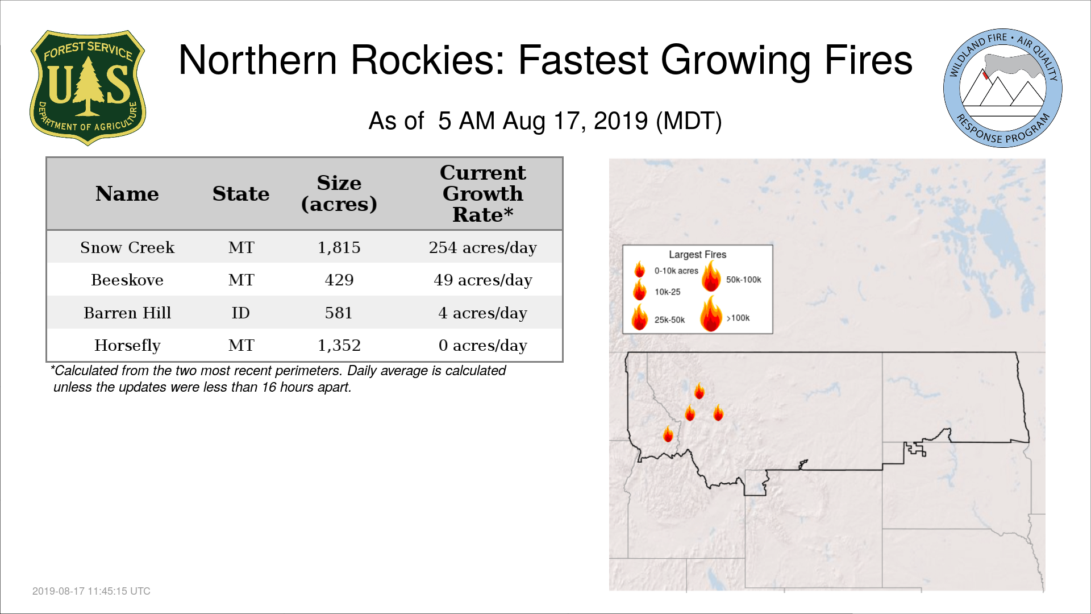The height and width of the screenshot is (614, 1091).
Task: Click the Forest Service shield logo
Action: (88, 88)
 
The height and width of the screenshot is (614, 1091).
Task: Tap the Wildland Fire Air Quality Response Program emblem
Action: (1003, 88)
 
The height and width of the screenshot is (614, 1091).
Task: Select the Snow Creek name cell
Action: (127, 247)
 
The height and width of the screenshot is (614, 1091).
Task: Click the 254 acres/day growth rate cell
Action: (482, 248)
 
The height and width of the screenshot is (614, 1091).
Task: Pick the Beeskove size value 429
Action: (339, 280)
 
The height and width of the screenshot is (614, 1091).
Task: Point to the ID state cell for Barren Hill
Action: (241, 313)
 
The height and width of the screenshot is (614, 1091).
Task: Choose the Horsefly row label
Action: (127, 346)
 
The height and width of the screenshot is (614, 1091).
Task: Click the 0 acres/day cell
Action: (482, 346)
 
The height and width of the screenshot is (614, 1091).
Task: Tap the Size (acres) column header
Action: (339, 193)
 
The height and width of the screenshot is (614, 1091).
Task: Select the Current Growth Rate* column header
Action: (482, 193)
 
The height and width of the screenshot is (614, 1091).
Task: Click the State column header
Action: (241, 194)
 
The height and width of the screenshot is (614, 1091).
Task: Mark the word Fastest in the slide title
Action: (583, 60)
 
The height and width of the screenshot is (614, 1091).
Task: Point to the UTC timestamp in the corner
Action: (91, 591)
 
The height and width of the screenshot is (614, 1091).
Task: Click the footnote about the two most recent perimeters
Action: (278, 379)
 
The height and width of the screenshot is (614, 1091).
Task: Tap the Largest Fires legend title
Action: (697, 255)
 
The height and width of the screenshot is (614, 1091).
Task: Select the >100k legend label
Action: (738, 318)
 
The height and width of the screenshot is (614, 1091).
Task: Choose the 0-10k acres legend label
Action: (676, 271)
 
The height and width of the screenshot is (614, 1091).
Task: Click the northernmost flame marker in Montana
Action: (699, 391)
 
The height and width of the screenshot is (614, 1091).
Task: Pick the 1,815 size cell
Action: (339, 248)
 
